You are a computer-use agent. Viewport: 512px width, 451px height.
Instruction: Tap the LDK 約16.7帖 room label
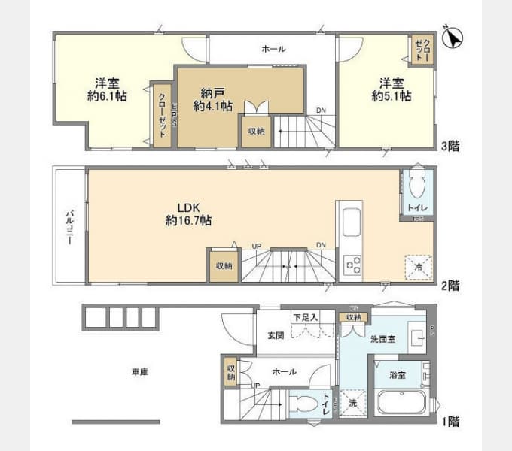pyautogui.click(x=188, y=213)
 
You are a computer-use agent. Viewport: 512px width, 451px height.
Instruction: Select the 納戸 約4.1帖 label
pyautogui.click(x=212, y=99)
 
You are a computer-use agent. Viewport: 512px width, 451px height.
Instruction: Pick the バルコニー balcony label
pyautogui.click(x=69, y=226)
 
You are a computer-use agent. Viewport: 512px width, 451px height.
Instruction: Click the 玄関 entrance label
pyautogui.click(x=275, y=335)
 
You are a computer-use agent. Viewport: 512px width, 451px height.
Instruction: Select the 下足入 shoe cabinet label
pyautogui.click(x=305, y=318)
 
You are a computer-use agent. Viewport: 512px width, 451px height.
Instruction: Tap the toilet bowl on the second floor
pyautogui.click(x=417, y=183)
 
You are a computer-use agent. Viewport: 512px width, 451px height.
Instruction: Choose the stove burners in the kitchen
pyautogui.click(x=352, y=265)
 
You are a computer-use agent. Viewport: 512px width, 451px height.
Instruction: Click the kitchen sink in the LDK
pyautogui.click(x=352, y=224)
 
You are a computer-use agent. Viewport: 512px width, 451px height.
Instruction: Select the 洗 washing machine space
pyautogui.click(x=352, y=402)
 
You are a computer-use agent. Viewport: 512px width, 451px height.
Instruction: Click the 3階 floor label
pyautogui.click(x=449, y=147)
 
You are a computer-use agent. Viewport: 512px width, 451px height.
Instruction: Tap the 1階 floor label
pyautogui.click(x=449, y=422)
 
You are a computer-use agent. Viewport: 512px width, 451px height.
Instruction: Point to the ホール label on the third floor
pyautogui.click(x=273, y=49)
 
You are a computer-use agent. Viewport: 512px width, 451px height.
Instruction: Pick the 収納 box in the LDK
pyautogui.click(x=224, y=265)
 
